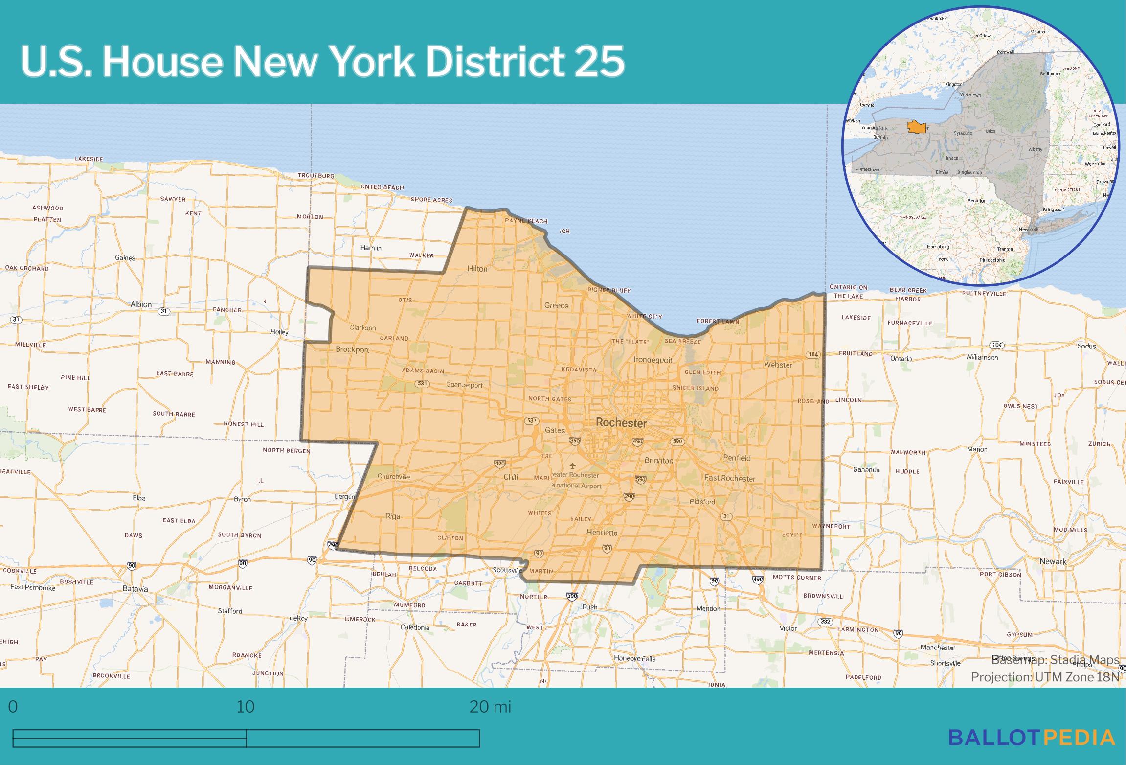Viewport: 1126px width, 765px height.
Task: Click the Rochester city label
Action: [x=621, y=423]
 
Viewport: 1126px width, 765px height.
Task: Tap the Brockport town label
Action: [x=352, y=350]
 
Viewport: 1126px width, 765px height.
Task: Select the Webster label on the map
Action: [x=778, y=365]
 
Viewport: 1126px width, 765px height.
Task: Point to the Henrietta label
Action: [x=602, y=533]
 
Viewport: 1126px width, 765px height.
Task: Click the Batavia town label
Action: [x=135, y=589]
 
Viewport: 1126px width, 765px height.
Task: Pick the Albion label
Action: [x=141, y=304]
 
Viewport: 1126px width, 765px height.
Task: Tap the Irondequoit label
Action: [x=653, y=360]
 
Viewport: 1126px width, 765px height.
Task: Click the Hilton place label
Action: [x=477, y=269]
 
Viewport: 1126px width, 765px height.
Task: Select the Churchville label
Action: [x=394, y=477]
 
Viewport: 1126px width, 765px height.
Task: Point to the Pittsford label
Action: [x=702, y=502]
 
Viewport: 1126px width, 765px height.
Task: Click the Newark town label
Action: [x=1053, y=561]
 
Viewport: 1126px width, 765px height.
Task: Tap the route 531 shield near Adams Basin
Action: [x=422, y=383]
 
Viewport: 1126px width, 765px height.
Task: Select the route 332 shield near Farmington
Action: [x=825, y=622]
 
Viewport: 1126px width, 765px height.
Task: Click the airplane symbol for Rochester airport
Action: [x=573, y=465]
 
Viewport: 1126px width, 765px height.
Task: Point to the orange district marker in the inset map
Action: [x=916, y=127]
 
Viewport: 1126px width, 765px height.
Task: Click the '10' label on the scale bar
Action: [x=246, y=707]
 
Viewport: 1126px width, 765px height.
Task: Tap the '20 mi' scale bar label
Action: [x=490, y=707]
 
